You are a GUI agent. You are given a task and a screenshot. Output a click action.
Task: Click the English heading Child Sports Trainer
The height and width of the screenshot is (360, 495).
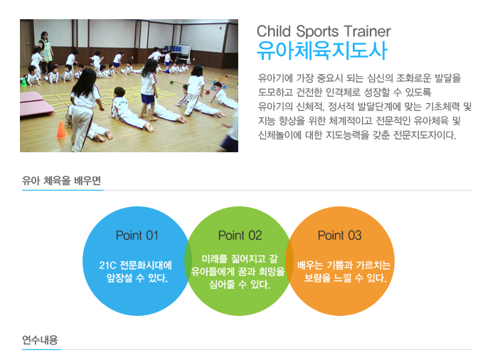324,31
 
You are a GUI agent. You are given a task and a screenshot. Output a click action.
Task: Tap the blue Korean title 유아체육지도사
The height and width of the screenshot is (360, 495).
322,51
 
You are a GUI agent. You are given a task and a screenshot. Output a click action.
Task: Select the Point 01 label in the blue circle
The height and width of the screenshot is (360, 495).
137,235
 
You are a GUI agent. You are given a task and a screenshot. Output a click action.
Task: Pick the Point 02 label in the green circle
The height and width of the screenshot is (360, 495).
240,235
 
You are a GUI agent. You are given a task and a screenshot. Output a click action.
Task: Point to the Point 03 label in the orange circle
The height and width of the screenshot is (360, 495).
340,235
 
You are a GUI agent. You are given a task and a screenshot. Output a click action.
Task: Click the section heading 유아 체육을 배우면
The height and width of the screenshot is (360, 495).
61,181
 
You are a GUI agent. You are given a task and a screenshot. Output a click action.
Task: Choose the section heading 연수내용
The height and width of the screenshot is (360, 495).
40,340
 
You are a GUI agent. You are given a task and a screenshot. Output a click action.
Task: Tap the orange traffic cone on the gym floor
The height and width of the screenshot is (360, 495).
61,129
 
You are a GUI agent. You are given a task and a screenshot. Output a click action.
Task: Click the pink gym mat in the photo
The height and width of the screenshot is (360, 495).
36,105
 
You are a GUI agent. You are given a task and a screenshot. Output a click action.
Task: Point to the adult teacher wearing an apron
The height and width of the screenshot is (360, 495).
46,51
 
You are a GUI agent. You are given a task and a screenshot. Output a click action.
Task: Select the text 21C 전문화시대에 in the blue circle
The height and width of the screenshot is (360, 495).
135,265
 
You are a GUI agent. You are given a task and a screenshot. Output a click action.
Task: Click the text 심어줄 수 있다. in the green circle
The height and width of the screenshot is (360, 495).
240,284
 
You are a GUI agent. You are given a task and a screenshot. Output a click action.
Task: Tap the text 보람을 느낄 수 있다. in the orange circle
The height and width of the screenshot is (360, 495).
345,278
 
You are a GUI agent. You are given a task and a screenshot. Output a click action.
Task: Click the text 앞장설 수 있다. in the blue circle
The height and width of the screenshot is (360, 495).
137,278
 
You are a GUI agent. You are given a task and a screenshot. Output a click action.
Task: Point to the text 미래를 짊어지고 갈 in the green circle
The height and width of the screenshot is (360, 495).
240,259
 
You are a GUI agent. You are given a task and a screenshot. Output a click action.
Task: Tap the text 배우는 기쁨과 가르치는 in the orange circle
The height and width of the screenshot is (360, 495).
344,265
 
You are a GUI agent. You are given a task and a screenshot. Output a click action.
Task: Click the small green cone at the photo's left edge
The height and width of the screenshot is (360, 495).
23,82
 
